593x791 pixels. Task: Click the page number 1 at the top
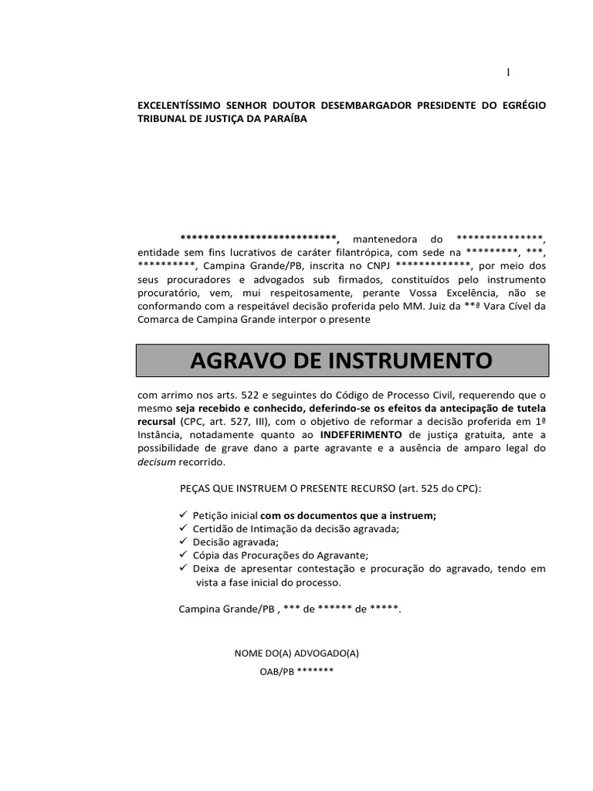[508, 73]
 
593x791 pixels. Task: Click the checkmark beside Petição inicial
[182, 514]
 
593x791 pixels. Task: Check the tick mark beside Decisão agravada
[182, 541]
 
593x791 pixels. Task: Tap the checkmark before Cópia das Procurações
[182, 555]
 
